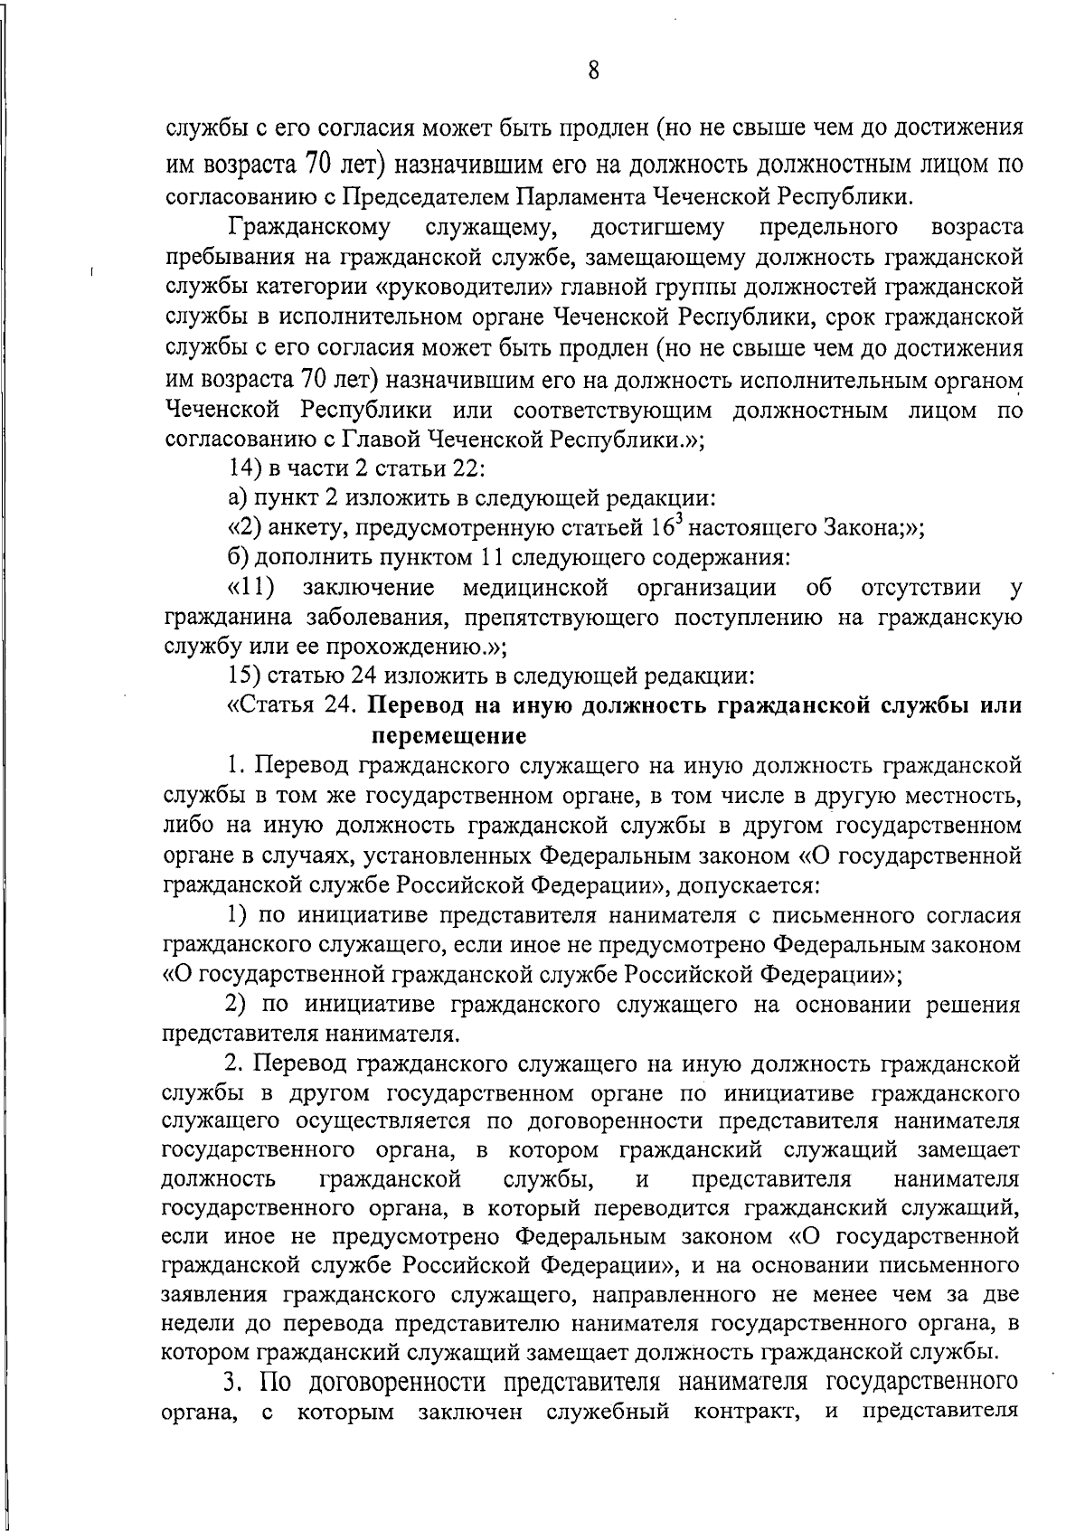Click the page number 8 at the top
pyautogui.click(x=592, y=71)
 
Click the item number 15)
pyautogui.click(x=247, y=676)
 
